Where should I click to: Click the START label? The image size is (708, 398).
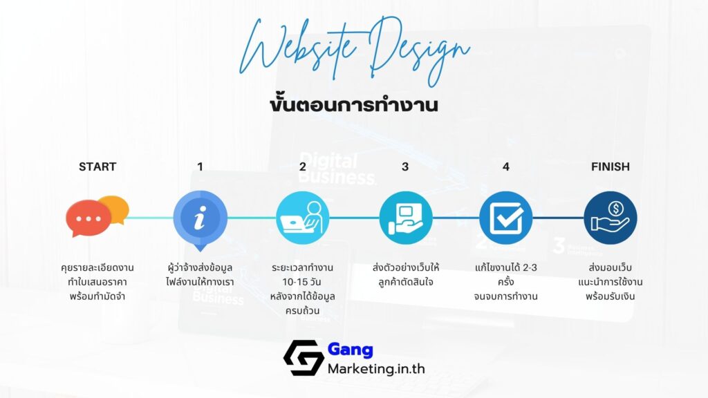(x=97, y=167)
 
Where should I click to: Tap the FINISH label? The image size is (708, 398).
(x=611, y=167)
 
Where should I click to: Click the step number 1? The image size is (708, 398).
(x=200, y=167)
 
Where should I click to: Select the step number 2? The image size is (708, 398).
(x=302, y=167)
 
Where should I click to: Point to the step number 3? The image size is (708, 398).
(x=405, y=167)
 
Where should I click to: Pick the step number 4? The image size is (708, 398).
(x=506, y=167)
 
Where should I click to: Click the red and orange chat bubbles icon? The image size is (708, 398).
(x=97, y=216)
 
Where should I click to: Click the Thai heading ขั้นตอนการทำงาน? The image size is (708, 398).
(x=354, y=106)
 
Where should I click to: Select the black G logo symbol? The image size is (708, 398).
(x=303, y=357)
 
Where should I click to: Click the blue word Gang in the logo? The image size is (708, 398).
(x=351, y=350)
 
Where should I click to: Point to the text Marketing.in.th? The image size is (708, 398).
(x=376, y=368)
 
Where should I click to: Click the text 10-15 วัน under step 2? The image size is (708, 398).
(x=302, y=282)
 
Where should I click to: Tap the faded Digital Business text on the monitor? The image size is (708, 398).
(x=339, y=169)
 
